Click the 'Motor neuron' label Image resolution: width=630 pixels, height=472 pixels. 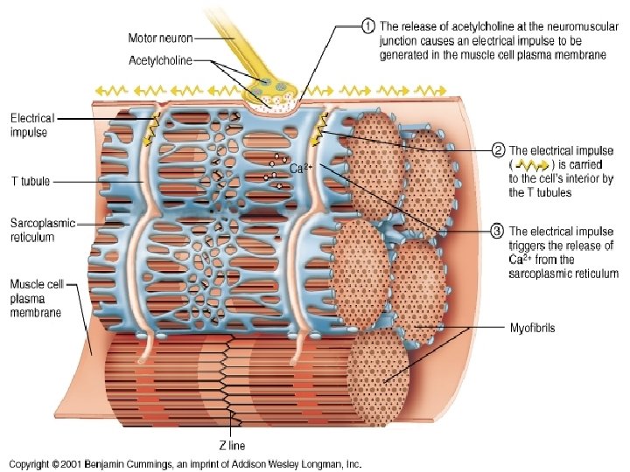tap(161, 38)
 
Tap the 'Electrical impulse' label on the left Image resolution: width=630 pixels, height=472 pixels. tap(32, 125)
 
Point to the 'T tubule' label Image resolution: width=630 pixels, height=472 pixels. tap(30, 182)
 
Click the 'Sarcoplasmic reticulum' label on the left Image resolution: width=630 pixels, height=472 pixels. tap(44, 229)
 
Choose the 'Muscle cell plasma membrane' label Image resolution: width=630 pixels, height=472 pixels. tap(35, 298)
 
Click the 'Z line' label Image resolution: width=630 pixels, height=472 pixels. tap(232, 445)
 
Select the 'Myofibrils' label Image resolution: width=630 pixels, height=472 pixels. tap(533, 329)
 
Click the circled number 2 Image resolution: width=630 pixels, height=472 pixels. tap(497, 150)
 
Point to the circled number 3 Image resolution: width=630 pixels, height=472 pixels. tap(497, 232)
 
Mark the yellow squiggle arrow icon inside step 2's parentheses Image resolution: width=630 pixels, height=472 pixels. tap(534, 164)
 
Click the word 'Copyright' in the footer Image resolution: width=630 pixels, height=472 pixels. tap(32, 463)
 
